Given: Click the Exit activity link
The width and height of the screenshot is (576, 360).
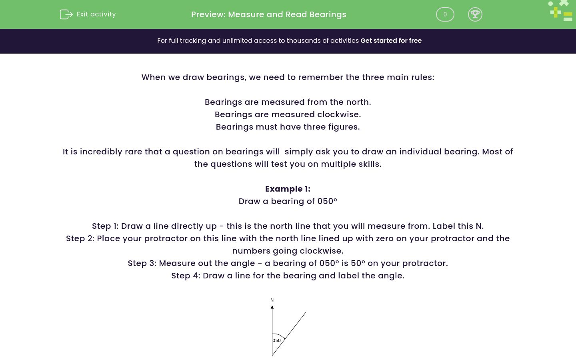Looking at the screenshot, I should tap(96, 14).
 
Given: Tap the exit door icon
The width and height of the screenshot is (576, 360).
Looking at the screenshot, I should tap(66, 14).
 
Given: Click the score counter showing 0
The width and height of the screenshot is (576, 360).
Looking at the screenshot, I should tap(445, 14).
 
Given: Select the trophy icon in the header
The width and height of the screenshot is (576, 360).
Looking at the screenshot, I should tap(475, 14).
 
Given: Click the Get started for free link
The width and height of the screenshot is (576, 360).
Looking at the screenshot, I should tap(391, 41).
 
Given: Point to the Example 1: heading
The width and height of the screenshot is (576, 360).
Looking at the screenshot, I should tap(288, 189).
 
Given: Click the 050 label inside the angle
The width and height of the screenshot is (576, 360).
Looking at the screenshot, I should tap(277, 340).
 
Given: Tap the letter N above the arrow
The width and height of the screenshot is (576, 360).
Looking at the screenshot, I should tap(272, 300).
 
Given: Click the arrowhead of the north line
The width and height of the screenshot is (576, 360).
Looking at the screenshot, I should tap(272, 307).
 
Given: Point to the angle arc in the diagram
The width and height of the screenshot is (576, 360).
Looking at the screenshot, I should tap(280, 335).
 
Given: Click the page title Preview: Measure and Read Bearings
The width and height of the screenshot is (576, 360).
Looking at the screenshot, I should tap(268, 14).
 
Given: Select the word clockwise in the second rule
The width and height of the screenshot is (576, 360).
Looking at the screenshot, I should tap(339, 114).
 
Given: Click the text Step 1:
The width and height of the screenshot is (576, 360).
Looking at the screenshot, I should tap(105, 226).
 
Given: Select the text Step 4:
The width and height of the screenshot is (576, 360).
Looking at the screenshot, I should tap(186, 276).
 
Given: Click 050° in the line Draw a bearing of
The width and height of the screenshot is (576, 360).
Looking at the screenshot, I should tap(327, 201).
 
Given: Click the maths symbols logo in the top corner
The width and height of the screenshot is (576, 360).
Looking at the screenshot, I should tap(561, 11).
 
